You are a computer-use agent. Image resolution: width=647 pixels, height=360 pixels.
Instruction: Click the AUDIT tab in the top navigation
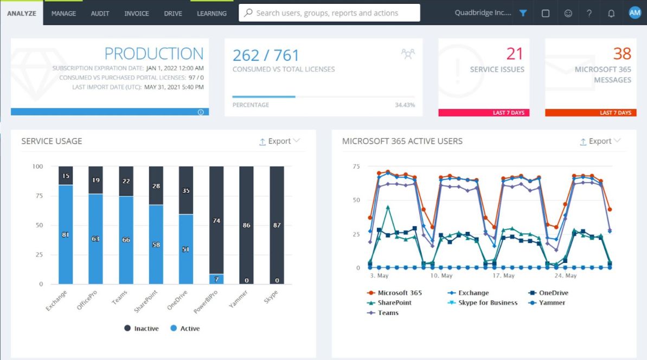click(100, 14)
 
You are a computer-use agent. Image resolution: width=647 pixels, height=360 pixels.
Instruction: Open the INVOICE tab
click(137, 14)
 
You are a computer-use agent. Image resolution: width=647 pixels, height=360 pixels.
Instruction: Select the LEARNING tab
click(212, 14)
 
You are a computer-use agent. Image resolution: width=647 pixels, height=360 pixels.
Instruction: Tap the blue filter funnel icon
click(523, 14)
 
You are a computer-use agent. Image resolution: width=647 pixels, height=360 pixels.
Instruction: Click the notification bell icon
click(611, 14)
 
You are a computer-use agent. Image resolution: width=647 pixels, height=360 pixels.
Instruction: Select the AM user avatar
click(635, 13)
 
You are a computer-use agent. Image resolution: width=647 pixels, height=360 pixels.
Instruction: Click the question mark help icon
click(590, 14)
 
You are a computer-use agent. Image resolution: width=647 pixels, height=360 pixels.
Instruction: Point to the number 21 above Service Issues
click(515, 54)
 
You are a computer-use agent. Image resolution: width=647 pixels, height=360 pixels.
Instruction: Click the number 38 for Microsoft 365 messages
click(622, 54)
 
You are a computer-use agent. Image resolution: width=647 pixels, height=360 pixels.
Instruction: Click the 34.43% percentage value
click(405, 105)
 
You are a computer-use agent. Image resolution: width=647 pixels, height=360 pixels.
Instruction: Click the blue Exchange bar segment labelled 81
click(66, 234)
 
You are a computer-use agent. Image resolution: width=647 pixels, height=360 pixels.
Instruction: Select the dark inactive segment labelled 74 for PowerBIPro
click(216, 220)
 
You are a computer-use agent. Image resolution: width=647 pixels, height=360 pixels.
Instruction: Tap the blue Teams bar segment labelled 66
click(126, 240)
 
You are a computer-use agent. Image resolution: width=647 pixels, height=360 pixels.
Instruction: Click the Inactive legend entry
click(142, 329)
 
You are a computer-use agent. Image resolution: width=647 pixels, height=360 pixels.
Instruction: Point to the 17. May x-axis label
click(504, 276)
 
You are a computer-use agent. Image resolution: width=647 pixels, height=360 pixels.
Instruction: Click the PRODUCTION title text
click(154, 54)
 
